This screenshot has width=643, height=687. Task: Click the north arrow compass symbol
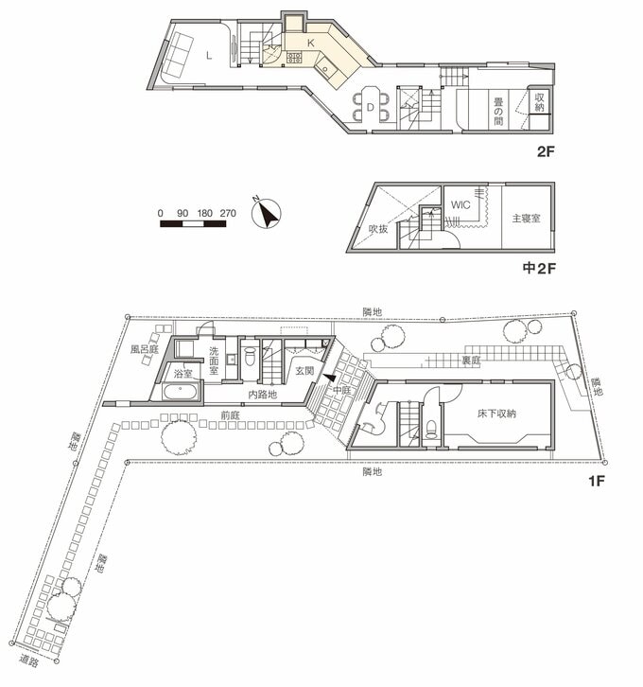pos(266,214)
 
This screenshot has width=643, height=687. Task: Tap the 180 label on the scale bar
pos(205,213)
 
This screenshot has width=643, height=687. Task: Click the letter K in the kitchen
pos(311,43)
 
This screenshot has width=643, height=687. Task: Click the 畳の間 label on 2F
pos(498,112)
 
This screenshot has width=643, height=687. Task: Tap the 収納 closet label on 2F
pos(539,102)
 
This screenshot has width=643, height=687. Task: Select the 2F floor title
pos(546,152)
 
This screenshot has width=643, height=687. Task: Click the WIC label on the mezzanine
pos(461,204)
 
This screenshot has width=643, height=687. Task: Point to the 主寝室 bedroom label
pos(526,218)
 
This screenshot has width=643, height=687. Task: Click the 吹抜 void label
pos(378,229)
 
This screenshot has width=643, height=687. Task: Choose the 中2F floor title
pos(539,268)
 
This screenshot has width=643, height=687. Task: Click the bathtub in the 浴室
pos(181,391)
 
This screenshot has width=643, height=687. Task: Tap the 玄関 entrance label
pos(304,370)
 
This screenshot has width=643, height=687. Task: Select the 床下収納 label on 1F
pos(496,414)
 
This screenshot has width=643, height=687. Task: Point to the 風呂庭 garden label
pos(144,349)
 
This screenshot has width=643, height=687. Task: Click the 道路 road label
pos(29,661)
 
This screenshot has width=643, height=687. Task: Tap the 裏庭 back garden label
pos(472,361)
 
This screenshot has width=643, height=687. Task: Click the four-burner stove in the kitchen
pos(294,58)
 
